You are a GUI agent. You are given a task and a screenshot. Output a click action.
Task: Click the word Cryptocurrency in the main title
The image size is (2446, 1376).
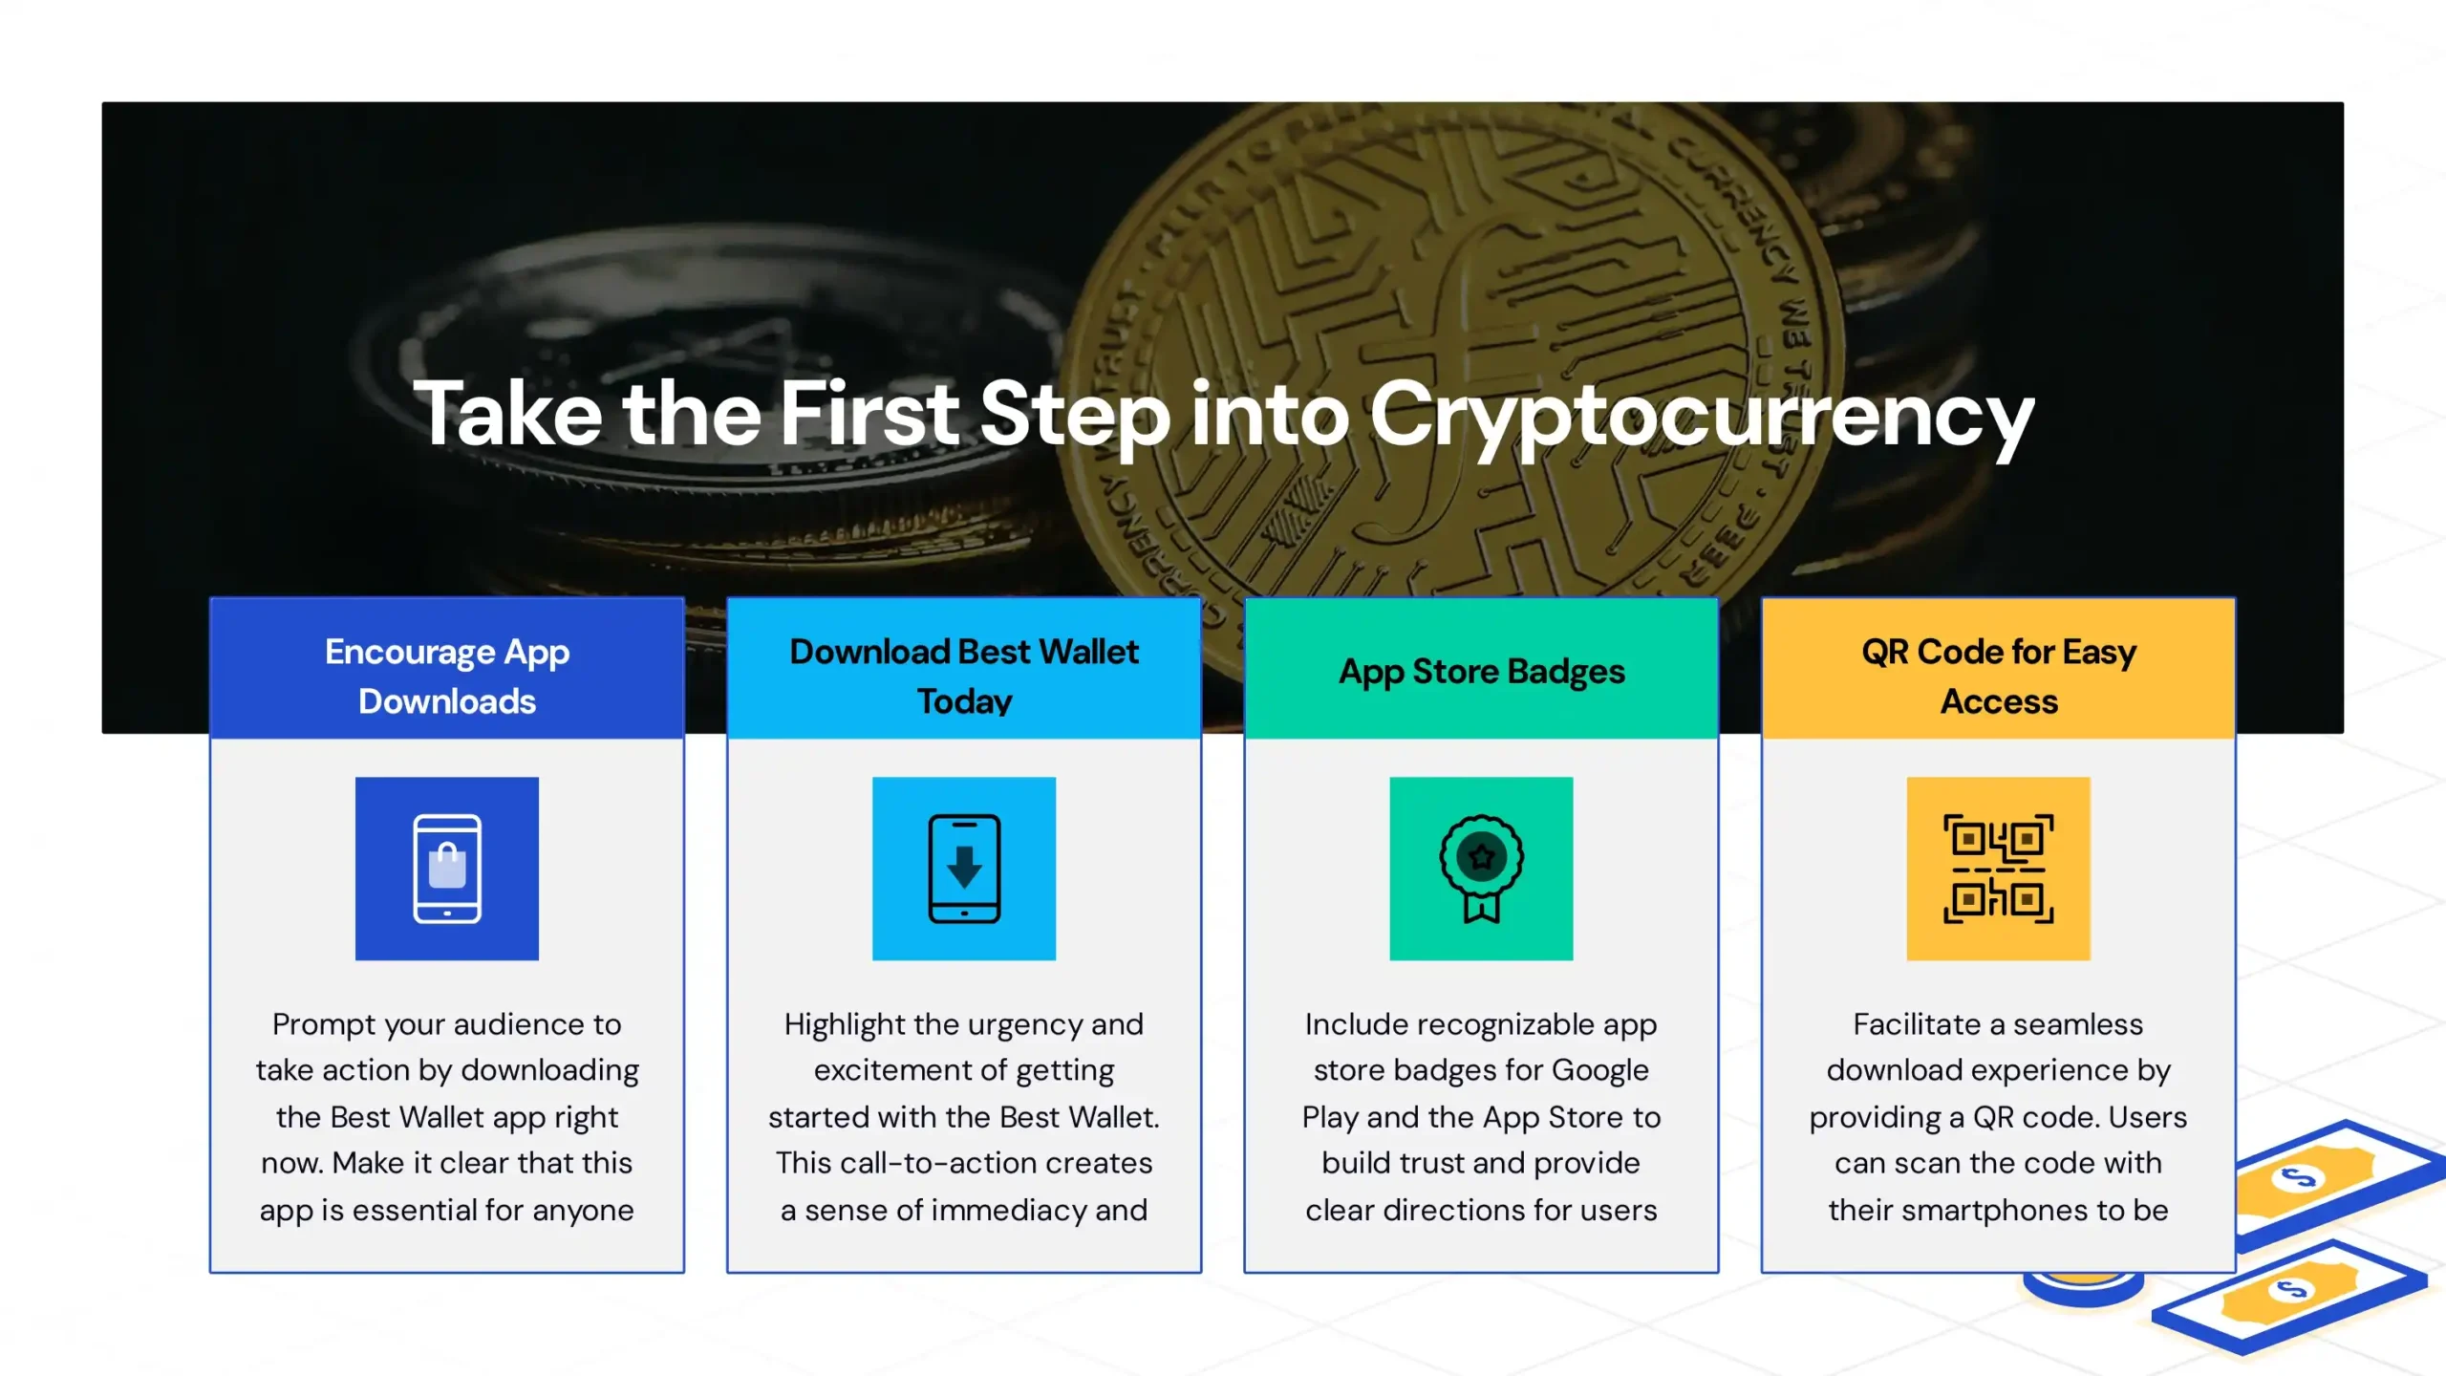tap(1702, 415)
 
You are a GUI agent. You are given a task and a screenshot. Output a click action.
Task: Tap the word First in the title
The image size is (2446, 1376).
tap(869, 413)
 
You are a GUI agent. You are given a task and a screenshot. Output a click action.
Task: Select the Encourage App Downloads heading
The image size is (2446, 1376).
tap(447, 676)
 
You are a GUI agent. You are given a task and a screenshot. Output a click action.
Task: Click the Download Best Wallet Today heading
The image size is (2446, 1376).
tap(964, 676)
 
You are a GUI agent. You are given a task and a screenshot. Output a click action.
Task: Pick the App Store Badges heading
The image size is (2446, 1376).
tap(1482, 672)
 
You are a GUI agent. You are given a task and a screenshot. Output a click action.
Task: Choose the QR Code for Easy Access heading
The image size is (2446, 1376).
tap(1999, 676)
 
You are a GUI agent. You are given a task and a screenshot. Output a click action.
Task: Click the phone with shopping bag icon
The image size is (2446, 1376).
tap(447, 869)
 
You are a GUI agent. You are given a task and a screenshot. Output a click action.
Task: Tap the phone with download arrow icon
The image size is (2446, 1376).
tap(964, 869)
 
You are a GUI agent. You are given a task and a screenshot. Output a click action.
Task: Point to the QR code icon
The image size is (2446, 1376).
tap(1999, 869)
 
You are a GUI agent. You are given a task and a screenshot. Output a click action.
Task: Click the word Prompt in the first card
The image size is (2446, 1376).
tap(323, 1025)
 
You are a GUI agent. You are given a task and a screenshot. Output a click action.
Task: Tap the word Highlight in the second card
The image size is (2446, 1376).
tap(845, 1025)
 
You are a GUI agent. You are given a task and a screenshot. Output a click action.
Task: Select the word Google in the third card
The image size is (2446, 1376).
tap(1600, 1071)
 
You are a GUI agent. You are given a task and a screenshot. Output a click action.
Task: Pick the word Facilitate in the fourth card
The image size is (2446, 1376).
tap(1917, 1024)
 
